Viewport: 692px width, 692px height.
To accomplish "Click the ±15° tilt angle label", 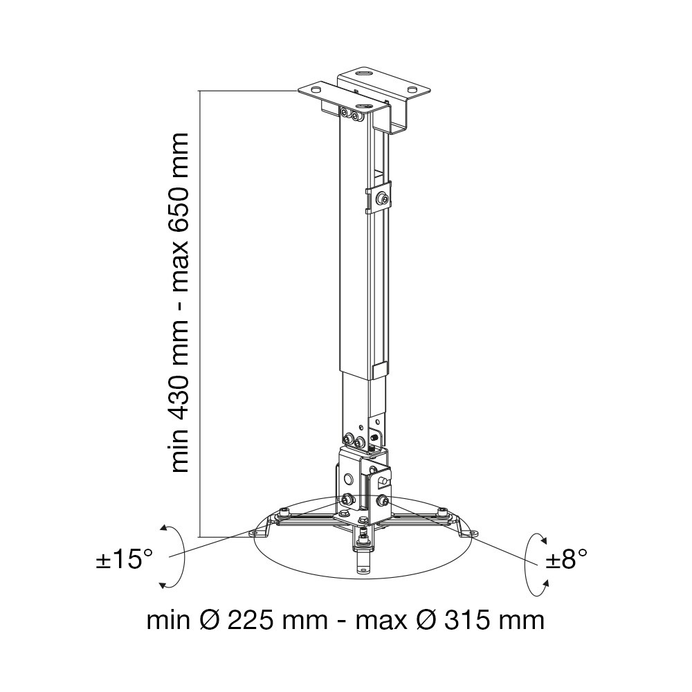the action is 124,560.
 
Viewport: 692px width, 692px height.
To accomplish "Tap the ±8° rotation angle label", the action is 567,560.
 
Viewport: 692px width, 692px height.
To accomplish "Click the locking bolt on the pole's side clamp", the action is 382,200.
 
